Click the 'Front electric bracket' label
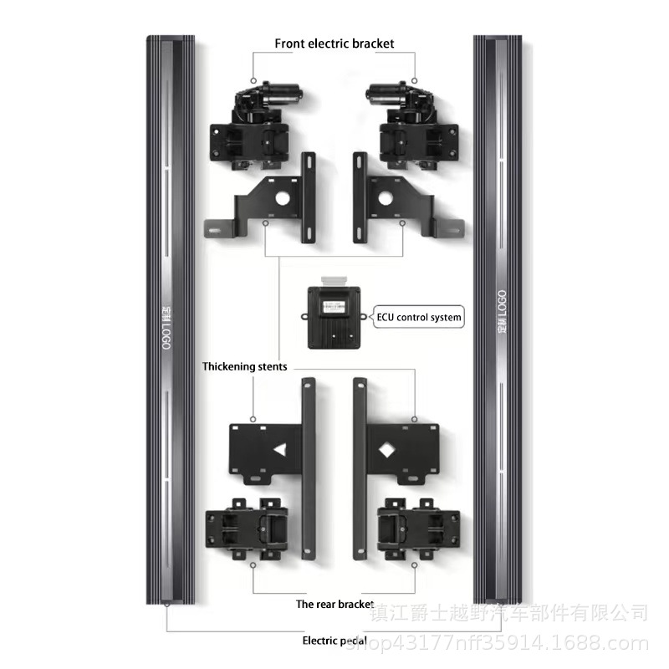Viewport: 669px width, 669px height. click(334, 43)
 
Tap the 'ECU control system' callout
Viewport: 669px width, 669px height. click(418, 318)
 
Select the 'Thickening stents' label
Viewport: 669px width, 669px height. click(245, 366)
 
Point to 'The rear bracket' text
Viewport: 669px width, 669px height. click(334, 603)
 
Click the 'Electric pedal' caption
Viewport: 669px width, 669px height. click(334, 641)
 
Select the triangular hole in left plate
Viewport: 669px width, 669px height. click(278, 449)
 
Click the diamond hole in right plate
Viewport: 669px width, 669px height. click(388, 449)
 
